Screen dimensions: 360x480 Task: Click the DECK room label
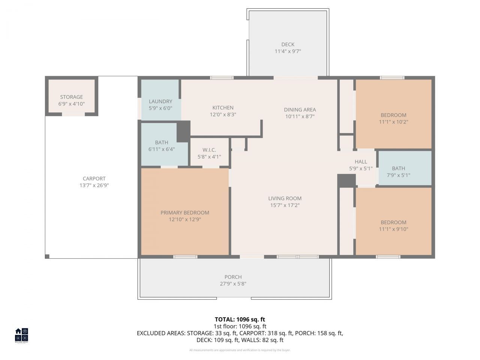pyautogui.click(x=288, y=44)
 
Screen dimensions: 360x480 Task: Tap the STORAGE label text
pyautogui.click(x=71, y=97)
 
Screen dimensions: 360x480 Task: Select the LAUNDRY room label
pyautogui.click(x=160, y=101)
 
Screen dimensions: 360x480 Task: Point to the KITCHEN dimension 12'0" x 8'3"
pyautogui.click(x=223, y=114)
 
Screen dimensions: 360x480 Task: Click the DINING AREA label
pyautogui.click(x=300, y=109)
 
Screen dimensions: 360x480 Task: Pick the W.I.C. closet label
pyautogui.click(x=209, y=150)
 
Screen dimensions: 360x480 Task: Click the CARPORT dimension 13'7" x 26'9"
pyautogui.click(x=94, y=185)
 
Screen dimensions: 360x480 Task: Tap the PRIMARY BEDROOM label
pyautogui.click(x=185, y=213)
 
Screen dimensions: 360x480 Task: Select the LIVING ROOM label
pyautogui.click(x=285, y=198)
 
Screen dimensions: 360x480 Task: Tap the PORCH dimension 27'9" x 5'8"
pyautogui.click(x=233, y=284)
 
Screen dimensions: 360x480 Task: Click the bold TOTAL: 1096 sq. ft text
pyautogui.click(x=240, y=319)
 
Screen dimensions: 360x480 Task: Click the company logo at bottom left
pyautogui.click(x=21, y=335)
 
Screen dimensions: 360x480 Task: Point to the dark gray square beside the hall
pyautogui.click(x=346, y=180)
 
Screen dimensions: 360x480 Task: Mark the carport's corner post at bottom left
pyautogui.click(x=47, y=256)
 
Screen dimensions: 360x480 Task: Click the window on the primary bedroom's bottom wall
pyautogui.click(x=185, y=257)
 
